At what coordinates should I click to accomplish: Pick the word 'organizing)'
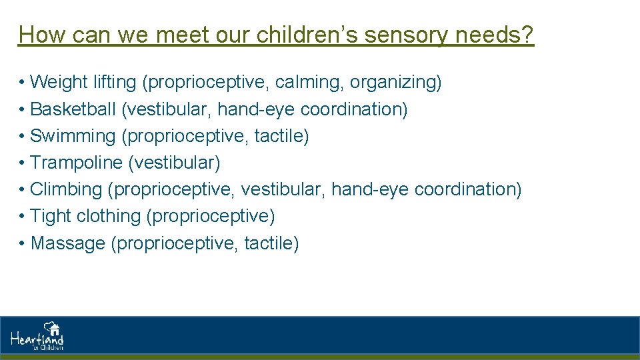pyautogui.click(x=396, y=83)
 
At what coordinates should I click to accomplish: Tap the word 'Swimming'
pyautogui.click(x=73, y=136)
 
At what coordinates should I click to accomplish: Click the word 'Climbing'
pyautogui.click(x=66, y=189)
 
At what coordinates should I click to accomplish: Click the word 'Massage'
pyautogui.click(x=68, y=243)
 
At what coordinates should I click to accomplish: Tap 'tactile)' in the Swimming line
pyautogui.click(x=281, y=136)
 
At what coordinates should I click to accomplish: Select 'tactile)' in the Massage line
pyautogui.click(x=271, y=243)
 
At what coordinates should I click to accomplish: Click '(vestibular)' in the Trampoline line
pyautogui.click(x=174, y=163)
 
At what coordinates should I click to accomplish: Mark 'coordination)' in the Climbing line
pyautogui.click(x=468, y=189)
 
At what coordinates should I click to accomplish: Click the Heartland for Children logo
pyautogui.click(x=37, y=337)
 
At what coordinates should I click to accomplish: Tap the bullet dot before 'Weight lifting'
pyautogui.click(x=22, y=83)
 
